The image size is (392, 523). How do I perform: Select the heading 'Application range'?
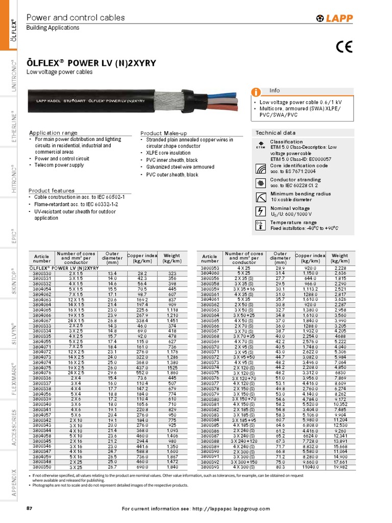[53, 133]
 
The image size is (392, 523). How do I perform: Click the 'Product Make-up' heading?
[164, 133]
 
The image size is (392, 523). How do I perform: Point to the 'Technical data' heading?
[275, 133]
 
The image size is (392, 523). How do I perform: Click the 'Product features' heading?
[52, 191]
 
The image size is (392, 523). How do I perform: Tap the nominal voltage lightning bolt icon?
[260, 211]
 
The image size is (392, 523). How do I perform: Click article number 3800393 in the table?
[210, 467]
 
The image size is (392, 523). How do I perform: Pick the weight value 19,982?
[340, 467]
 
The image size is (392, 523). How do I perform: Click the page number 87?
[29, 509]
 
